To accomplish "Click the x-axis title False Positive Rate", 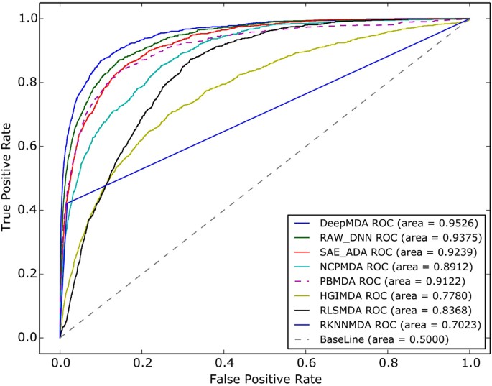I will coord(265,377).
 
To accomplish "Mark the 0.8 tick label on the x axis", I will coord(388,357).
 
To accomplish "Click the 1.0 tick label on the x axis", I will coord(470,357).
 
